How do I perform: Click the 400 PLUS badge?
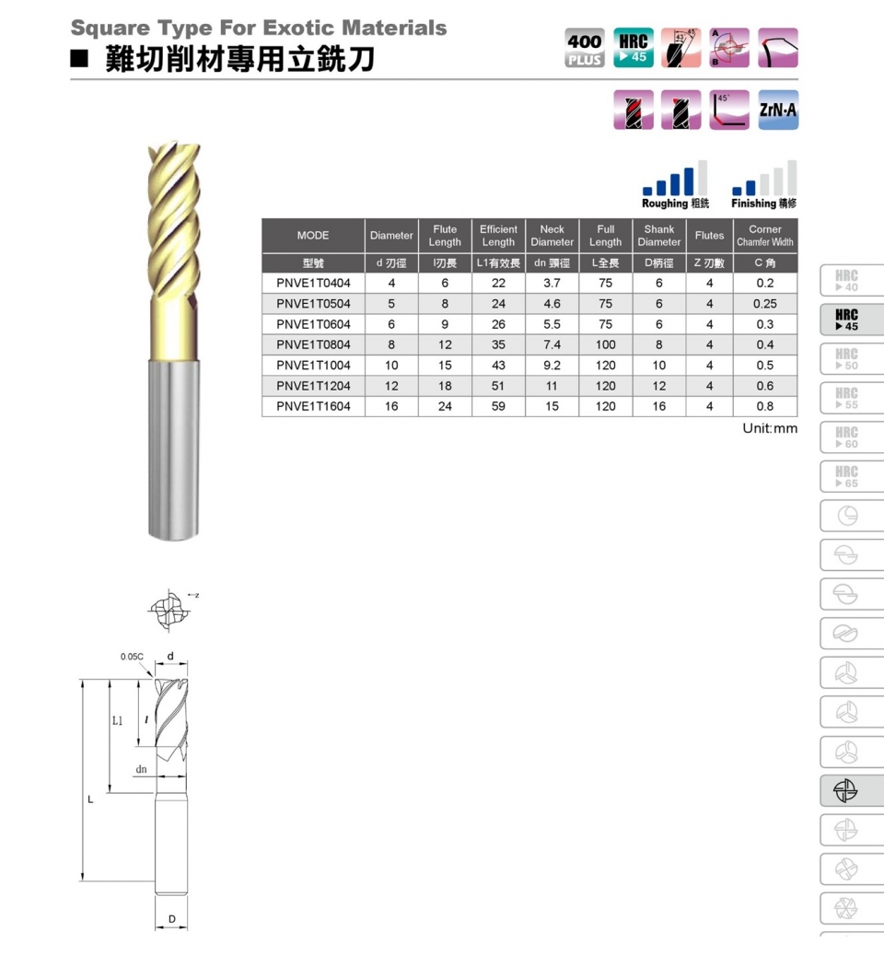(585, 49)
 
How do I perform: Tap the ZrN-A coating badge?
(778, 111)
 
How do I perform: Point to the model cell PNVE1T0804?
(313, 344)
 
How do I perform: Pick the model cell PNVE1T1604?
(313, 406)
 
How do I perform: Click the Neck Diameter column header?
(552, 236)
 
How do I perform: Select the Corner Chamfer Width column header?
(764, 236)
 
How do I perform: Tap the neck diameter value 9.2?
(552, 366)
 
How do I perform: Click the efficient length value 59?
(498, 406)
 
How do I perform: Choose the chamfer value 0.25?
(764, 304)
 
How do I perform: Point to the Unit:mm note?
(770, 428)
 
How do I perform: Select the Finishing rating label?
(764, 203)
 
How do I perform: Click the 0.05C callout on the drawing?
(132, 657)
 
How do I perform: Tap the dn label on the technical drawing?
(141, 768)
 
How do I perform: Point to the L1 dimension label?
(117, 720)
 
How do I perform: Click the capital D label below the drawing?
(171, 918)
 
